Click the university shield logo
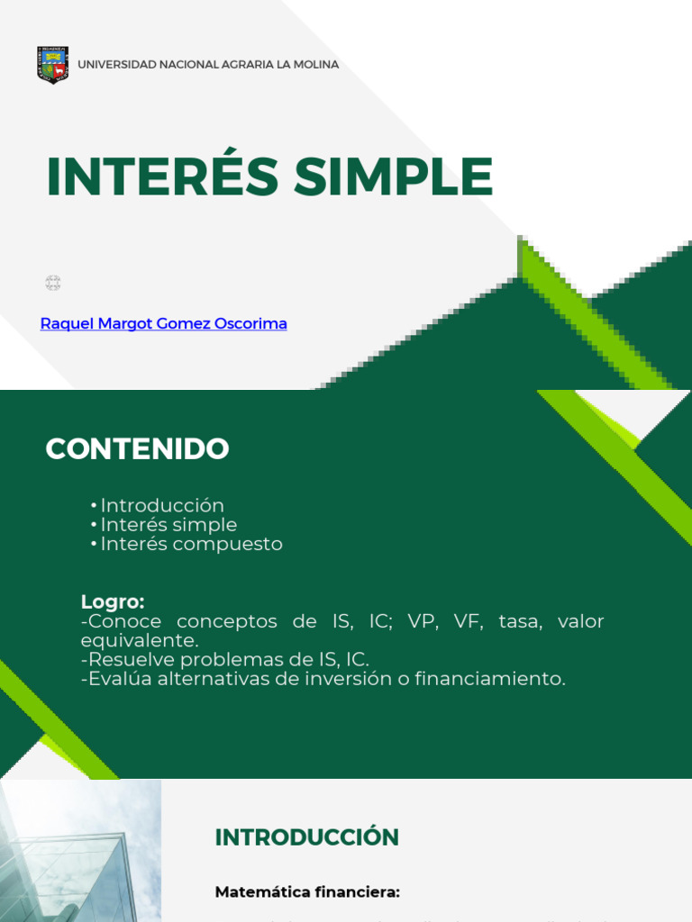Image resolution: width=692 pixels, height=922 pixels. click(x=53, y=65)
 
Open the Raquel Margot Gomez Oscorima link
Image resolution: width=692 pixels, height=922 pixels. click(x=164, y=323)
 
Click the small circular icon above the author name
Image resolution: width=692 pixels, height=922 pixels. click(x=53, y=284)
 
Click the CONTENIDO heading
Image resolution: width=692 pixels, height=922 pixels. click(x=137, y=449)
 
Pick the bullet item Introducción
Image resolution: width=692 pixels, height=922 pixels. click(x=162, y=506)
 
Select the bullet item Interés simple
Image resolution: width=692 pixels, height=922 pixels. click(x=168, y=525)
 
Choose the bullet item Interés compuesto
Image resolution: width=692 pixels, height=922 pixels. click(x=191, y=544)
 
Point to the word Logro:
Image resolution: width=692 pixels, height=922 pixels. click(x=113, y=601)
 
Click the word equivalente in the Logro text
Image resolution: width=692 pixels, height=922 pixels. click(x=138, y=640)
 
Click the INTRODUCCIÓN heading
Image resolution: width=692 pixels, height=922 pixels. click(x=306, y=837)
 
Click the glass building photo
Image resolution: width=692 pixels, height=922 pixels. click(x=80, y=851)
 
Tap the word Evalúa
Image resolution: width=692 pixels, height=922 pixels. click(x=120, y=679)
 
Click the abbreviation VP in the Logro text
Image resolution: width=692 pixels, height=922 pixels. click(x=422, y=621)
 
